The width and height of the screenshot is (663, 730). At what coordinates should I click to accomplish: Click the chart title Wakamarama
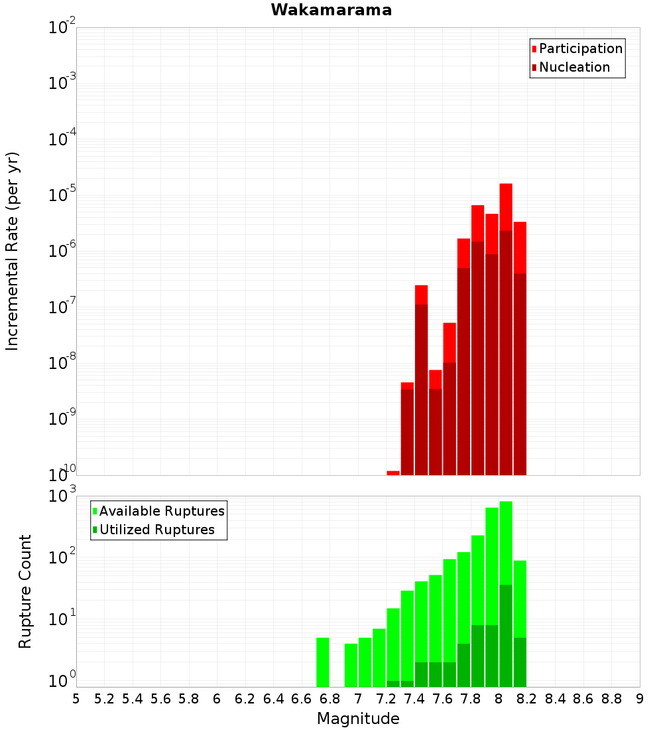click(331, 10)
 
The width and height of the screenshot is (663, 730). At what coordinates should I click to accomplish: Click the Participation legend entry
click(577, 48)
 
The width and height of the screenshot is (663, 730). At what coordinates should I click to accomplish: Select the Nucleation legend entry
click(571, 67)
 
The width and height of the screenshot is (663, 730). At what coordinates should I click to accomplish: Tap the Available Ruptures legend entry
click(158, 511)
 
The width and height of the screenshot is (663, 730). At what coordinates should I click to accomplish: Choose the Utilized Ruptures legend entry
click(154, 530)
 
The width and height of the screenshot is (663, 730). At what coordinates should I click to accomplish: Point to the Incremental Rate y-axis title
click(12, 252)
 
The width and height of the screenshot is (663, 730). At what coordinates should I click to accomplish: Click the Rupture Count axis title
click(25, 591)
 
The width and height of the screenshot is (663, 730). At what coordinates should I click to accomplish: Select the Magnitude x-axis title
click(358, 718)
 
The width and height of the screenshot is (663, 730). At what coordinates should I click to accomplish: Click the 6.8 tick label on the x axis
click(330, 699)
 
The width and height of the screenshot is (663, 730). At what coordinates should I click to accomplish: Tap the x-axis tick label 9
click(640, 699)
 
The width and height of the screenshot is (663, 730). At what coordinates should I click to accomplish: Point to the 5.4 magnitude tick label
click(133, 699)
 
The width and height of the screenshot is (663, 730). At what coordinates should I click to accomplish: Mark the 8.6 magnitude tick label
click(583, 699)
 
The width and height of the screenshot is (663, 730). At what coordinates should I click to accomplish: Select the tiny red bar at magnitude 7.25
click(393, 473)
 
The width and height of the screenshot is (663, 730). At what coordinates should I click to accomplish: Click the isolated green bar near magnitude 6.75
click(323, 662)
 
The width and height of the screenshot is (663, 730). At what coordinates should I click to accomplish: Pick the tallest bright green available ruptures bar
click(506, 543)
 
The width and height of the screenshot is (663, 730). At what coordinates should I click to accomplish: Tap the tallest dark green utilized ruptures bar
click(506, 636)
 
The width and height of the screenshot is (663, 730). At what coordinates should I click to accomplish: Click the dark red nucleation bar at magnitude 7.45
click(421, 390)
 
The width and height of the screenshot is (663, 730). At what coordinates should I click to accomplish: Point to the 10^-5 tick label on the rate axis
click(62, 194)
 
